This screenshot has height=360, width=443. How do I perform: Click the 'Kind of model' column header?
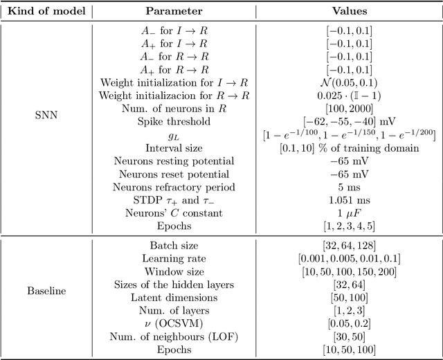coord(47,11)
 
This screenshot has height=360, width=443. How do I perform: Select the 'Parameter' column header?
coord(174,11)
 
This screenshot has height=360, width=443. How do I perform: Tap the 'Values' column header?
coord(349,11)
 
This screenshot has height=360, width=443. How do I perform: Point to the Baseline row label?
coord(47,291)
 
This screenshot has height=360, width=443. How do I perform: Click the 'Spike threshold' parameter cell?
coord(174,120)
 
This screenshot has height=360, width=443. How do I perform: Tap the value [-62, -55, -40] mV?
coord(349,120)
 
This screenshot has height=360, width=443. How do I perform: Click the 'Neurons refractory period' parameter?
coord(174,187)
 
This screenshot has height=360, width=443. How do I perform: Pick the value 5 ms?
coord(349,187)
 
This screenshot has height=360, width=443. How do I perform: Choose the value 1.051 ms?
coord(349,200)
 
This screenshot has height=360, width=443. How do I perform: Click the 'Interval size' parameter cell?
coord(174,147)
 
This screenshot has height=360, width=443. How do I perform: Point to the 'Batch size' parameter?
coord(174,245)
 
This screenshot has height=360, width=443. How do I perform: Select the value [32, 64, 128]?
coord(349,245)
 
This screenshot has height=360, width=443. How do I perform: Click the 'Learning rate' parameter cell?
coord(174,258)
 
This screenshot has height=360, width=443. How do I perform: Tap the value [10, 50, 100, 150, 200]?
coord(349,271)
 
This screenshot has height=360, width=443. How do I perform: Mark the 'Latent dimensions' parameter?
coord(174,298)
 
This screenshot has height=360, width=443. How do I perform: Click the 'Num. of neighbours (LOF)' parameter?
coord(174,337)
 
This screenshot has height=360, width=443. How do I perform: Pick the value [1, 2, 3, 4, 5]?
coord(349,226)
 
